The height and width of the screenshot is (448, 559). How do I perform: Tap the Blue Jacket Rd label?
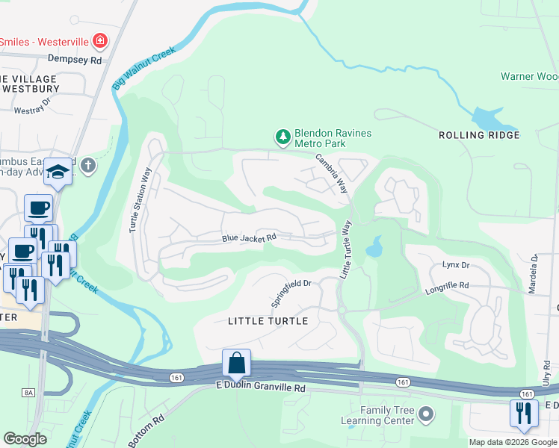[249, 238]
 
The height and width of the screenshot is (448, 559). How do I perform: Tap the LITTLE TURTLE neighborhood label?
[268, 321]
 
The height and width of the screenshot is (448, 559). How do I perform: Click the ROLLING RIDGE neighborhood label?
[479, 135]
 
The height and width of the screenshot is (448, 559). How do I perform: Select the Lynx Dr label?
[455, 265]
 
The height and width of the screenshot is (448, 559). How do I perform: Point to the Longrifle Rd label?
[447, 285]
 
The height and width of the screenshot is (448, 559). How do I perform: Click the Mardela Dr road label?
[534, 273]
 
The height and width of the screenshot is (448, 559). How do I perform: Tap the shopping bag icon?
[236, 363]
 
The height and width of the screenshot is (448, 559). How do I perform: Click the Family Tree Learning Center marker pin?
[426, 413]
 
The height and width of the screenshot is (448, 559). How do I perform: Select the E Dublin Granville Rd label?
[261, 388]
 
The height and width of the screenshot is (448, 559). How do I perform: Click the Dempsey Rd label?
[74, 58]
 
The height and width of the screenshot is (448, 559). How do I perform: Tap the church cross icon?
[88, 165]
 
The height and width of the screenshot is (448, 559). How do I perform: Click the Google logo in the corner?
[25, 439]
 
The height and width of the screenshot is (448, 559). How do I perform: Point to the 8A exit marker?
[29, 393]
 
